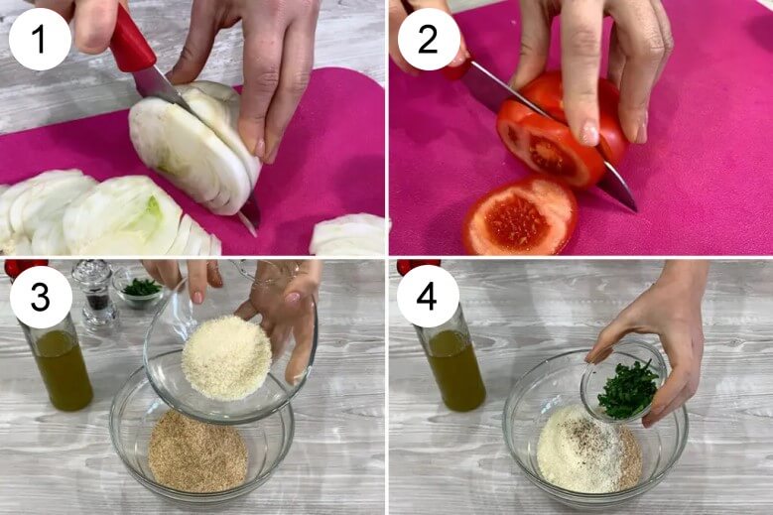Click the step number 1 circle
point(40,39)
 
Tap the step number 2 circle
point(428,39)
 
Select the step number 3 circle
point(41,297)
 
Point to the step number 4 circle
point(428,297)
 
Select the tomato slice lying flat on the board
point(520,217)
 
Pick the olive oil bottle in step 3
point(59,355)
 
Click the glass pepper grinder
point(96,295)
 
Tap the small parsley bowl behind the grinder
point(141,290)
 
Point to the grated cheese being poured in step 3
point(227,357)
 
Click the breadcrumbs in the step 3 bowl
point(197,452)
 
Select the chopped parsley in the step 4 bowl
point(627,389)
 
